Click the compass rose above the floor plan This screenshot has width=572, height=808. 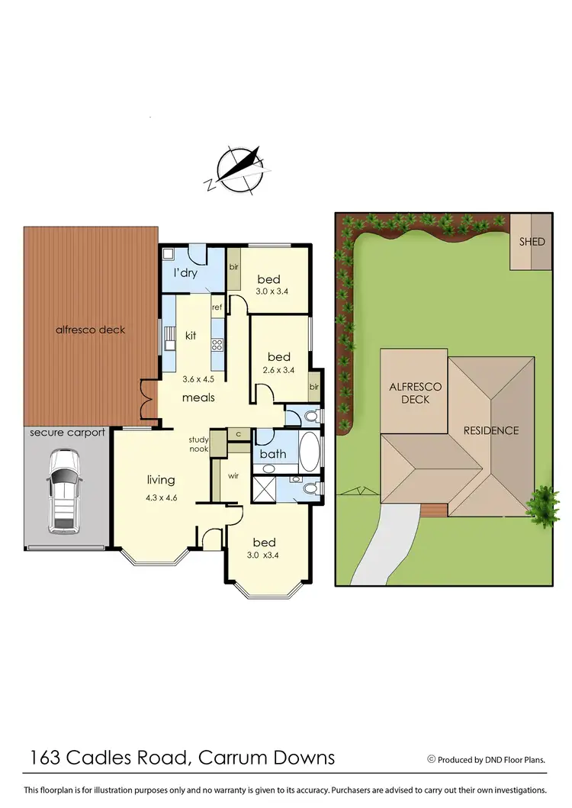(239, 169)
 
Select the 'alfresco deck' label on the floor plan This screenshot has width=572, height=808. (90, 330)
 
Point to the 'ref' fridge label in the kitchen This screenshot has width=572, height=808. (217, 307)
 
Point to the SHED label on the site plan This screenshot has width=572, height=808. (532, 242)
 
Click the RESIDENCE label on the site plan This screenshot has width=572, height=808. (491, 430)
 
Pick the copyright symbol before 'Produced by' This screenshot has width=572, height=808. (431, 759)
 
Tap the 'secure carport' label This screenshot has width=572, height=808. (67, 433)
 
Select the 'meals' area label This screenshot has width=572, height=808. (198, 398)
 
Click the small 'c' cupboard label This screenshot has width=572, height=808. (239, 434)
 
